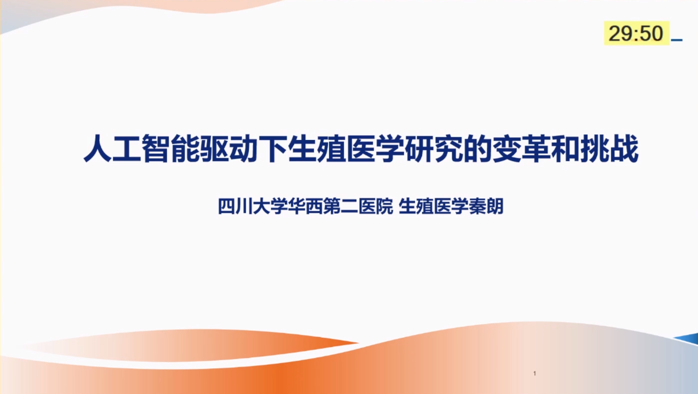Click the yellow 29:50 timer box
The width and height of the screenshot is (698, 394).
(x=636, y=33)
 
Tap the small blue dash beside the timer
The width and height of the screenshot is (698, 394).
(x=677, y=40)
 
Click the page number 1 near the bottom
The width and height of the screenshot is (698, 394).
(x=535, y=373)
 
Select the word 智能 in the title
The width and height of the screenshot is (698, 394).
(x=171, y=148)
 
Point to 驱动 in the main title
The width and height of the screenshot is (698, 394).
(x=229, y=148)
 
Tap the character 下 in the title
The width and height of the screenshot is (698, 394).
(x=273, y=148)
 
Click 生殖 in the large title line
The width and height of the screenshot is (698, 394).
(x=317, y=148)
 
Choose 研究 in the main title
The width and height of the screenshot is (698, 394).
(x=434, y=148)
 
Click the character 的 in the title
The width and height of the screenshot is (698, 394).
(x=478, y=148)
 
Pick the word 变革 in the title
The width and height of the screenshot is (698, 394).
(x=521, y=148)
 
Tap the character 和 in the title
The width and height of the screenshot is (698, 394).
(x=565, y=148)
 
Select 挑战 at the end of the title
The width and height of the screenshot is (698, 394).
(x=609, y=148)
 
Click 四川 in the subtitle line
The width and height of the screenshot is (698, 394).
(x=235, y=206)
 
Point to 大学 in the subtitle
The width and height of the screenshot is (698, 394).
(x=270, y=206)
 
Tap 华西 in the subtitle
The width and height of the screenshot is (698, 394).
(x=306, y=206)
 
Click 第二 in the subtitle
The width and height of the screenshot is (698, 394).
(x=341, y=206)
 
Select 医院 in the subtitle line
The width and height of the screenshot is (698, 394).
(x=376, y=206)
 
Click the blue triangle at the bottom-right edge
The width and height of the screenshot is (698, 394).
(x=689, y=339)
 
